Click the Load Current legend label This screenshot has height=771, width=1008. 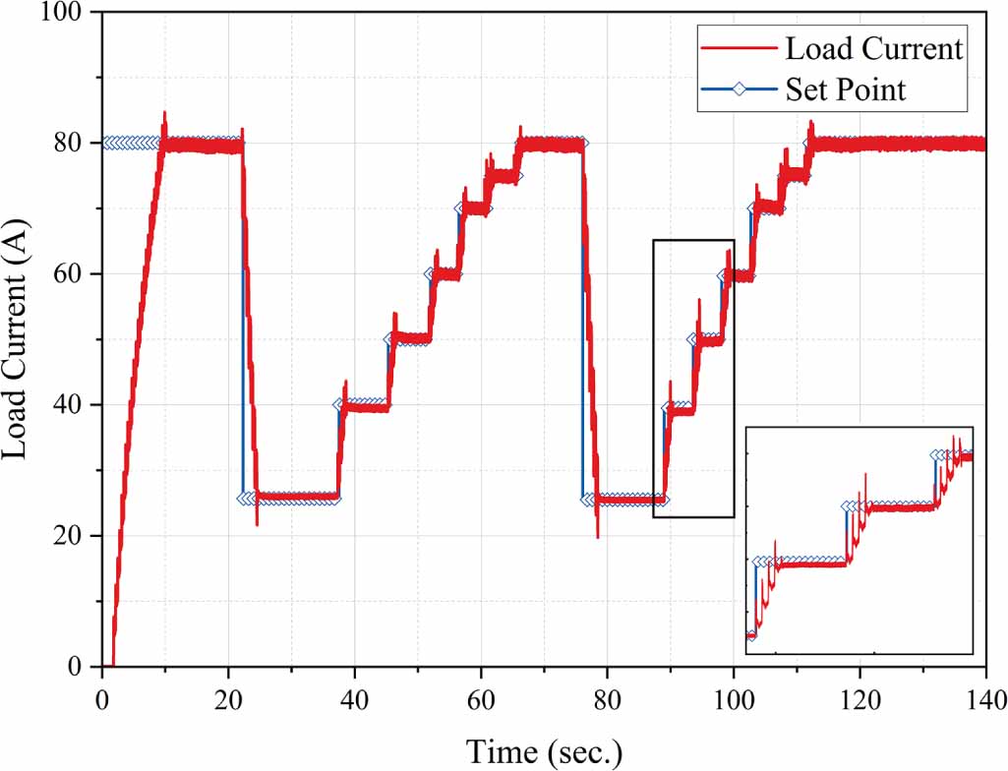click(x=873, y=48)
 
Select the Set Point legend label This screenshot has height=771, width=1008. click(x=845, y=89)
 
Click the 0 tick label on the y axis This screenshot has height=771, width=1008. click(x=84, y=667)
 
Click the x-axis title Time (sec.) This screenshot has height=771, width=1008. click(x=544, y=751)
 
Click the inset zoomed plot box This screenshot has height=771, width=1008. click(x=860, y=540)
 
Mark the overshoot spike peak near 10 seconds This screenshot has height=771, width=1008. click(x=164, y=113)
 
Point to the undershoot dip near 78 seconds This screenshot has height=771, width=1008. click(x=597, y=536)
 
